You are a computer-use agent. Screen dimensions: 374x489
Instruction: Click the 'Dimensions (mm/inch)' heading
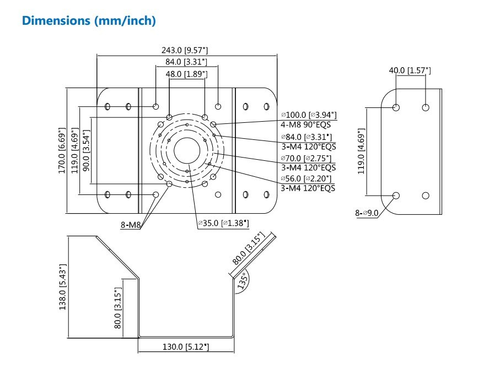pyautogui.click(x=88, y=21)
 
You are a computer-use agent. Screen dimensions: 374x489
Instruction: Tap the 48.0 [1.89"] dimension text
pyautogui.click(x=186, y=73)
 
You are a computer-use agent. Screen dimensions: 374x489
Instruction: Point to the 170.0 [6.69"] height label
pyautogui.click(x=62, y=150)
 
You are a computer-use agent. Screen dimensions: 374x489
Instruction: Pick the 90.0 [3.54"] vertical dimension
pyautogui.click(x=86, y=150)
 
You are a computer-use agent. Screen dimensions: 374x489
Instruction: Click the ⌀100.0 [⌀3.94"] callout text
pyautogui.click(x=308, y=115)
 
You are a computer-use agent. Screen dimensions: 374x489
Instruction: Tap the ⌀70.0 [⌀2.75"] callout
pyautogui.click(x=307, y=158)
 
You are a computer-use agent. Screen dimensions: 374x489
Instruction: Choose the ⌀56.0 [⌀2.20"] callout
pyautogui.click(x=307, y=178)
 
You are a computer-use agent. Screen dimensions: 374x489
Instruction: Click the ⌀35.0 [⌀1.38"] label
pyautogui.click(x=223, y=223)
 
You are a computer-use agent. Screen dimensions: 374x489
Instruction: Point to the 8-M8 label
pyautogui.click(x=130, y=224)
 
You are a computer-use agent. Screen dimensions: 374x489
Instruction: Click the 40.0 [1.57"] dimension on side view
pyautogui.click(x=410, y=71)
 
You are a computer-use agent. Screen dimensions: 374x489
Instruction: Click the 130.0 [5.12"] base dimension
pyautogui.click(x=186, y=346)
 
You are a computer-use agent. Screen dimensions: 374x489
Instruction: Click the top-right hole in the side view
pyautogui.click(x=425, y=107)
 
